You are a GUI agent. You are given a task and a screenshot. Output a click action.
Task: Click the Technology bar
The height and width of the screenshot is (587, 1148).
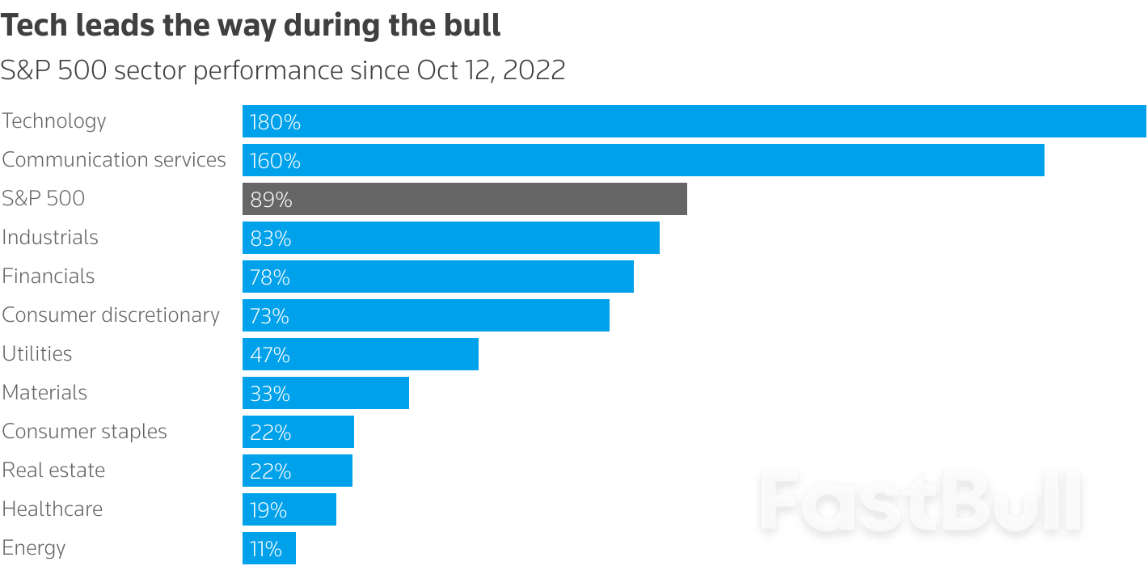(x=694, y=121)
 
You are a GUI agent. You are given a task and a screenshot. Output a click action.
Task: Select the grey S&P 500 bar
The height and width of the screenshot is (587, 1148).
(x=465, y=199)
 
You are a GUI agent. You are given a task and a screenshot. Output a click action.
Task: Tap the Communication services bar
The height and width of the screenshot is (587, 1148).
(x=643, y=160)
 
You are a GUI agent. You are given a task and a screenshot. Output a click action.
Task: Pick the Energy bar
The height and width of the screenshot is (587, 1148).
(x=269, y=548)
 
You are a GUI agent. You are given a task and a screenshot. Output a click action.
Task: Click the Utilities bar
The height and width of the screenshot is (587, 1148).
(x=361, y=354)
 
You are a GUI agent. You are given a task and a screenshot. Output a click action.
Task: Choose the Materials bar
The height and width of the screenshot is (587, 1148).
(x=326, y=393)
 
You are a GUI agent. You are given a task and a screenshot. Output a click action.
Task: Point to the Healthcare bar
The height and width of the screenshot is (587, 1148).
(x=289, y=509)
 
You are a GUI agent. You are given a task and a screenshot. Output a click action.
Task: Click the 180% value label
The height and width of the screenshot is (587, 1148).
(x=275, y=122)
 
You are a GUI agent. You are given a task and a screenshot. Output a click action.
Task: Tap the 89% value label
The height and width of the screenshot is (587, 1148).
(x=271, y=200)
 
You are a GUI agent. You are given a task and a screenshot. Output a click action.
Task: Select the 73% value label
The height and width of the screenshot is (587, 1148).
(x=269, y=316)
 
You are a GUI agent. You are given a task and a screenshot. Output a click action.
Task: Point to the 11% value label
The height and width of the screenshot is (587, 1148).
(x=266, y=549)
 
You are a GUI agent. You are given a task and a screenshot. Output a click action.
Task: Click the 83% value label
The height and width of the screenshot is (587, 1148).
(x=270, y=239)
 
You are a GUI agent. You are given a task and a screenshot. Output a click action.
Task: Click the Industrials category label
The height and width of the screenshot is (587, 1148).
(x=50, y=238)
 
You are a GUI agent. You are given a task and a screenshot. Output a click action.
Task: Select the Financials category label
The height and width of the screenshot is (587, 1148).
(x=49, y=277)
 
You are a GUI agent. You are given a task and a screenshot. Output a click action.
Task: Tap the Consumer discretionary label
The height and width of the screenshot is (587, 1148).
(x=111, y=315)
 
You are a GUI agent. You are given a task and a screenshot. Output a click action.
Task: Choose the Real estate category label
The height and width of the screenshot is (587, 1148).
(x=54, y=471)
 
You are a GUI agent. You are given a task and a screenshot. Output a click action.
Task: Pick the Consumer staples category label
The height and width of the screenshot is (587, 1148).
(x=85, y=432)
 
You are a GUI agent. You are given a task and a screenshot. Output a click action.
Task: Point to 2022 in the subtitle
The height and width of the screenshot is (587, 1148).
(x=534, y=70)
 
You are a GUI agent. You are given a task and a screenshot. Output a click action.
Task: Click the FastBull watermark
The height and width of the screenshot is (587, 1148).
(x=922, y=501)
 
